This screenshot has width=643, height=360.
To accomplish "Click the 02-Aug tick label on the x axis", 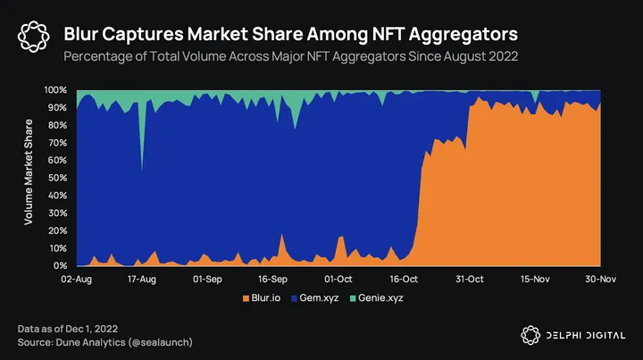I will (77, 279).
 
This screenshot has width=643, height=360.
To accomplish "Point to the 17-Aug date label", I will (142, 279).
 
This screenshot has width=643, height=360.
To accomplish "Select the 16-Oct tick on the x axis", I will (405, 279).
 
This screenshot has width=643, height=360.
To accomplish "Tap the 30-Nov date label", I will (600, 279).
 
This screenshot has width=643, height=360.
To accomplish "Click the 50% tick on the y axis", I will (56, 178).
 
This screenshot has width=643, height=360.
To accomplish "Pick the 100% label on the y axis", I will (54, 90).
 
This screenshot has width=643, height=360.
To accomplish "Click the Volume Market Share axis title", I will (29, 178).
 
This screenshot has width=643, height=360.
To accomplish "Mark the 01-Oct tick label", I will (338, 279).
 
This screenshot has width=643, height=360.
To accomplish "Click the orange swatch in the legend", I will (246, 297).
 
